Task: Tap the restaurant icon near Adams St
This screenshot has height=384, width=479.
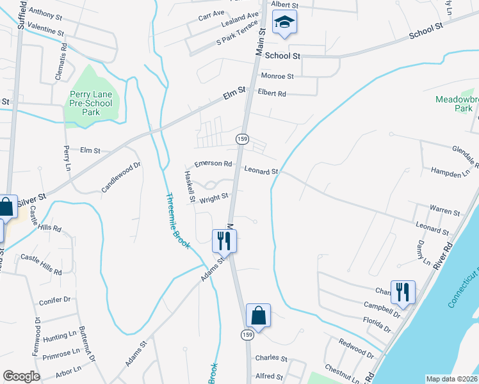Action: coord(224,241)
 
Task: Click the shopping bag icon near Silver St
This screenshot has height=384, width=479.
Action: coord(6,207)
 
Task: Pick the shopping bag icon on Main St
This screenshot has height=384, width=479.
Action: coord(258,316)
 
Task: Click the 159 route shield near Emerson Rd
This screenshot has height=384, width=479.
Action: coord(242,139)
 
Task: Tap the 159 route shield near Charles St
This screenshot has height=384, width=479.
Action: coord(248,334)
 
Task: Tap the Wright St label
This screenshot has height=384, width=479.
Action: coord(214,197)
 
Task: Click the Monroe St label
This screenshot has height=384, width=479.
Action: coord(277,76)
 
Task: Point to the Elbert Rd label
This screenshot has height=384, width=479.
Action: coord(272,93)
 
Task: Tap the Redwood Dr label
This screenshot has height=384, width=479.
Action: coord(357,349)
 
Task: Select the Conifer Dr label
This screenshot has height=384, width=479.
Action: coord(54,300)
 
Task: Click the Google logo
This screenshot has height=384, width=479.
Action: coord(21,376)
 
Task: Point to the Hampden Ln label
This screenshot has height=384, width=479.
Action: coord(446,173)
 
